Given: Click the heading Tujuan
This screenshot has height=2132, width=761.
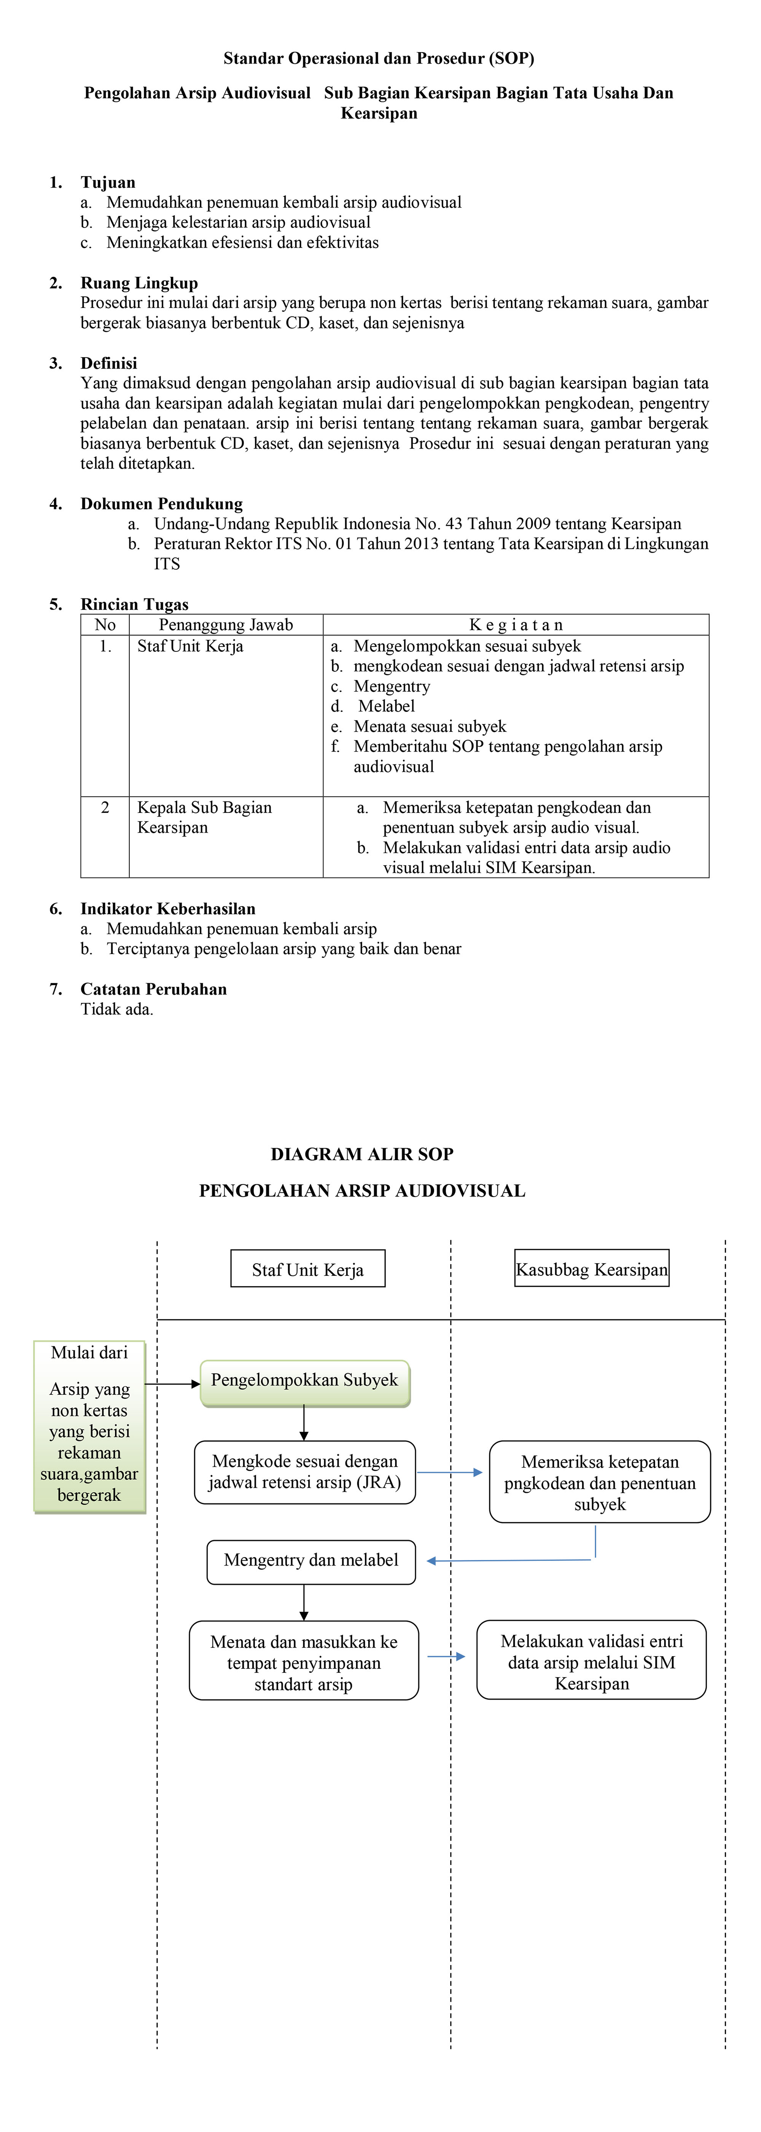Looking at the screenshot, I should (108, 182).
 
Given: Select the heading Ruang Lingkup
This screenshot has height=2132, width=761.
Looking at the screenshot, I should (139, 283).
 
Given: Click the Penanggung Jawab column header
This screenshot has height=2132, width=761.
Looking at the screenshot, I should (226, 625).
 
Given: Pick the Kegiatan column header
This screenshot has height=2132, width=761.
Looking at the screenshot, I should (516, 625).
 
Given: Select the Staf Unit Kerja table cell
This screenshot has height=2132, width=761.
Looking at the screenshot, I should (190, 646).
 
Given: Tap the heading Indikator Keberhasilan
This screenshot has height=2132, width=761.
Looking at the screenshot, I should (168, 909).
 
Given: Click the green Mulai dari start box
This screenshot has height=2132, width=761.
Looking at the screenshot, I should (89, 1426).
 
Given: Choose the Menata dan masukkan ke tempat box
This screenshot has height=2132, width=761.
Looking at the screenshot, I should (304, 1663).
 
